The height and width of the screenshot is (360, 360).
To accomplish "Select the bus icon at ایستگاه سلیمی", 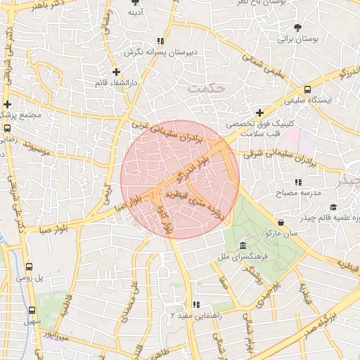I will (x=307, y=89).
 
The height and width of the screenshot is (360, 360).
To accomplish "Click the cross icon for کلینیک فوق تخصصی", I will (x=259, y=112).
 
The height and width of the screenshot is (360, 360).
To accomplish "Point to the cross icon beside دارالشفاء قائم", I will (x=117, y=72).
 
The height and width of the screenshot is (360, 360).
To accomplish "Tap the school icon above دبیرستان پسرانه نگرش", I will (x=161, y=41).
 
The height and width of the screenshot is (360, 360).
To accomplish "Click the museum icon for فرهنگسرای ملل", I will (x=243, y=245).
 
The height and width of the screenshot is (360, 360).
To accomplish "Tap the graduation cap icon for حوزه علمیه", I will (x=333, y=207).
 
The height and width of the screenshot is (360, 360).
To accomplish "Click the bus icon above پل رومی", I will (x=30, y=267).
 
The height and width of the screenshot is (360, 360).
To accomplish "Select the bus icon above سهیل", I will (x=32, y=310).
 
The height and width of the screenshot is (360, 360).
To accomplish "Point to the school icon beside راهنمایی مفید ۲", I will (x=196, y=304).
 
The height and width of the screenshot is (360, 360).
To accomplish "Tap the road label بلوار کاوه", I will (x=167, y=220).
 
